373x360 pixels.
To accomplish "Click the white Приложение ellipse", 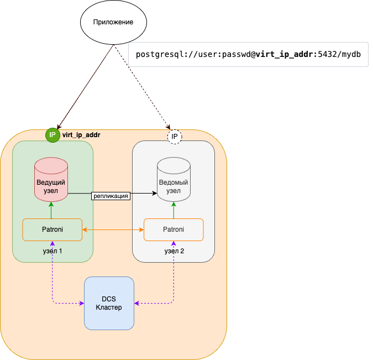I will pos(114,22).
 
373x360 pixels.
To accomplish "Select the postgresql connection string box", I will pos(248,55).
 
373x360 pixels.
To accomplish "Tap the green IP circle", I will pos(52,135).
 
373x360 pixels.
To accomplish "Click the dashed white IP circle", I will pos(174,136).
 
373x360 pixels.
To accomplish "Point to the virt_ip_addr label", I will pos(81,135).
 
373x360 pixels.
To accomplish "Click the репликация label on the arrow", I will pos(111,195).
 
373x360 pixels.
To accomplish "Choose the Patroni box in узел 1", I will pos(52,229).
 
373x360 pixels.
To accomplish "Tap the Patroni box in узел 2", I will pos(174,229).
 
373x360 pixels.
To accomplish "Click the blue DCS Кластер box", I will pos(109,303).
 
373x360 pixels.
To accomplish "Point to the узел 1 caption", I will pos(52,251).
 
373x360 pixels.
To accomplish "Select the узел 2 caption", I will pos(174,251).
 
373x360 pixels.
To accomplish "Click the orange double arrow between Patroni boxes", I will pos(113,229).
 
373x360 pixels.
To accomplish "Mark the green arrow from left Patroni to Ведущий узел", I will pos(51,210).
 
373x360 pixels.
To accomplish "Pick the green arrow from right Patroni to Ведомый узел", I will pos(174,210).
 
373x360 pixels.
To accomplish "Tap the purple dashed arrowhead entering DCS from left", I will pos(81,302).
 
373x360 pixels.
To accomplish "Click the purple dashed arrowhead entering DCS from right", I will pos(138,302).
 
